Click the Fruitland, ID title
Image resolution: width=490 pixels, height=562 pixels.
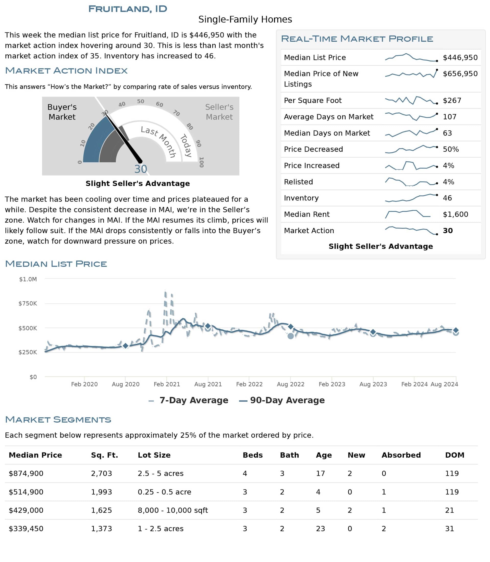point(128,9)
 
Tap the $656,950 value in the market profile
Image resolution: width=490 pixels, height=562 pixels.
point(460,74)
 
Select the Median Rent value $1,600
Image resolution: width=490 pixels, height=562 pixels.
point(455,214)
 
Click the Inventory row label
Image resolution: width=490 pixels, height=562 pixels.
point(301,198)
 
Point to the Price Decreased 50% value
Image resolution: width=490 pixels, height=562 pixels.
point(451,149)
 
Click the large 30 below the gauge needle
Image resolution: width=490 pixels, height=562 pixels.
point(141,169)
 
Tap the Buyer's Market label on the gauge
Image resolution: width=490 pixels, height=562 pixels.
point(62,112)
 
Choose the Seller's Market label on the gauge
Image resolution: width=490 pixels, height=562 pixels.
point(219,112)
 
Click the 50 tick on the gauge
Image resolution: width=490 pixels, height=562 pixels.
point(141,101)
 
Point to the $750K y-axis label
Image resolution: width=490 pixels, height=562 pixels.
point(28,303)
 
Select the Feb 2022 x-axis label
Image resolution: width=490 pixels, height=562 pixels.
point(249,384)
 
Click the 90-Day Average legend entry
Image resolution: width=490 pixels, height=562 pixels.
point(287,400)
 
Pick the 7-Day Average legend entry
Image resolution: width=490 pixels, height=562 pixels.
point(193,400)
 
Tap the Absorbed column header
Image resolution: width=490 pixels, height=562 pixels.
point(401,455)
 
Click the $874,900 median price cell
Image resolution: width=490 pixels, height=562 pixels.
point(26,473)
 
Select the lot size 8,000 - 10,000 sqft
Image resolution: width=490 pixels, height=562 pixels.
point(173,510)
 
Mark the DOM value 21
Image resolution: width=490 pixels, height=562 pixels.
point(449,510)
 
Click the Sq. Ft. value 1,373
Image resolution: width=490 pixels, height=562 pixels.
point(102,529)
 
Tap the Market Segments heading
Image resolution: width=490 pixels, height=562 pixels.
point(58,420)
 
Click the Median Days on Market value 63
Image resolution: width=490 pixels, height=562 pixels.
point(447,133)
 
